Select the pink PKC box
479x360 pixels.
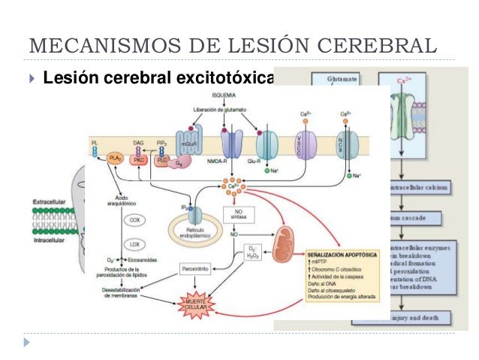pyautogui.click(x=139, y=159)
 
